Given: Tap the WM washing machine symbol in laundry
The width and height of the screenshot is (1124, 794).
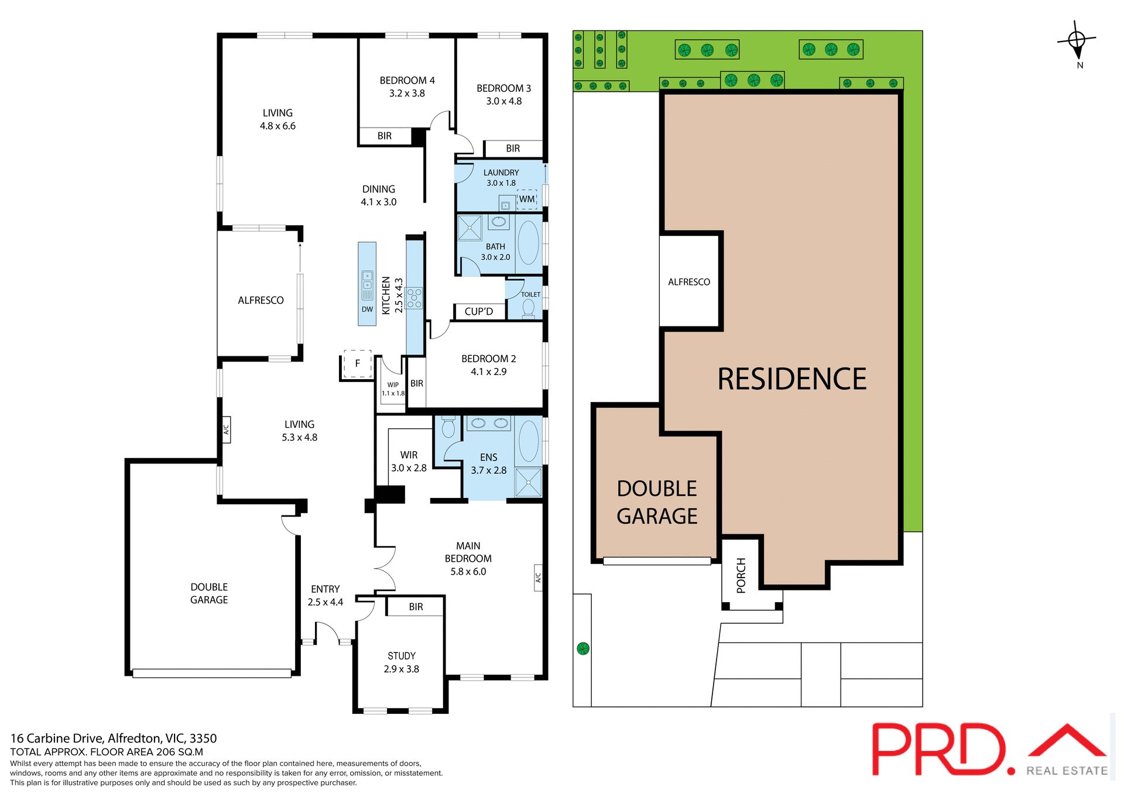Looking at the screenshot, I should (527, 199).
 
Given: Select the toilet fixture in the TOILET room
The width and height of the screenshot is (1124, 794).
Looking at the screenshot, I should (528, 308).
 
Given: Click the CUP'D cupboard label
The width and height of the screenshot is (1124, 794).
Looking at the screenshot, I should (479, 311).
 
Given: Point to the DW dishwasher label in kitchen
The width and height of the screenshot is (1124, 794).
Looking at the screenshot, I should (367, 310).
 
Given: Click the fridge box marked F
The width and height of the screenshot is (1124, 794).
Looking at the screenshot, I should (358, 363).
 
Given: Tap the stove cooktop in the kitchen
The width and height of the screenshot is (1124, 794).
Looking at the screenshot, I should (414, 298).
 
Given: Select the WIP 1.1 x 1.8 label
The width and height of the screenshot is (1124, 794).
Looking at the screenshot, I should (393, 389).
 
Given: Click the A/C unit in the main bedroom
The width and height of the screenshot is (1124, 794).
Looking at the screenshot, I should (538, 578).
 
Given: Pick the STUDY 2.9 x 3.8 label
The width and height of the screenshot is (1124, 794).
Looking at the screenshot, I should (402, 662).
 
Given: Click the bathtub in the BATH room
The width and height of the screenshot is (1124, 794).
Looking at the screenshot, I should (529, 242).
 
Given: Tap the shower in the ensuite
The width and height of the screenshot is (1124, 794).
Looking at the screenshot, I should (529, 482).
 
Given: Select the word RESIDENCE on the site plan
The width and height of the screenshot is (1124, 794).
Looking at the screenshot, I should (792, 379).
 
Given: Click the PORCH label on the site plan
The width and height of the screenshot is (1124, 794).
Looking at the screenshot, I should (741, 575).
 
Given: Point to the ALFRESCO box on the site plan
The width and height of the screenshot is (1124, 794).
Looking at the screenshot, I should (689, 281).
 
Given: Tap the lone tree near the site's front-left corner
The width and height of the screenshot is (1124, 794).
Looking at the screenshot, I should (582, 648).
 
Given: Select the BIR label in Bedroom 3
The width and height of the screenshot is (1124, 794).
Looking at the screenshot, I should (513, 149).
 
